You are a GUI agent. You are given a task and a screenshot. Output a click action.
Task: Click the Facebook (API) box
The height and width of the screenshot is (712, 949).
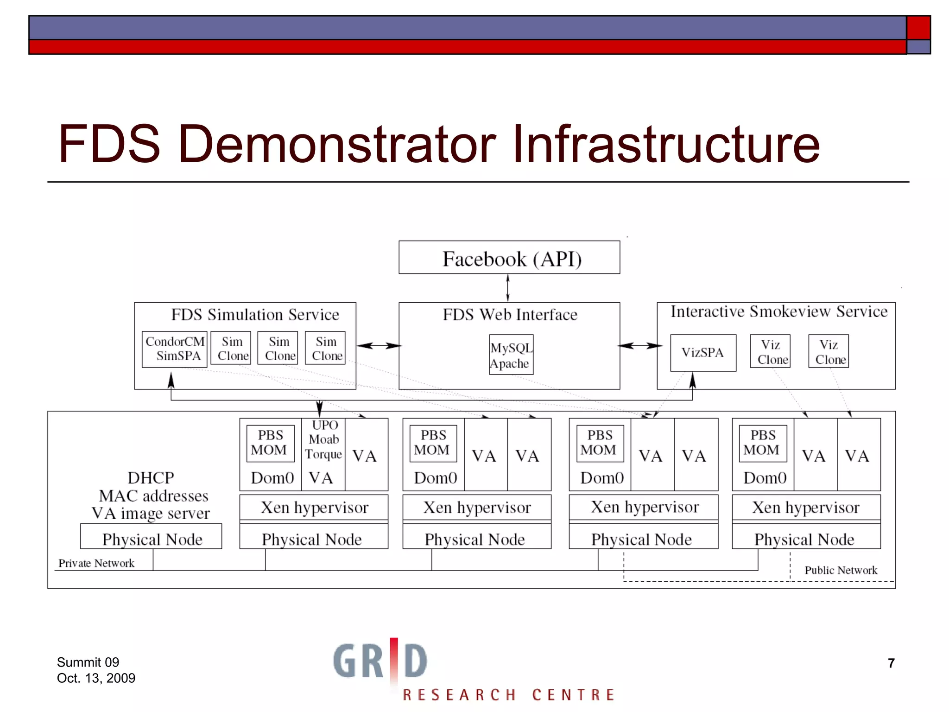[509, 258]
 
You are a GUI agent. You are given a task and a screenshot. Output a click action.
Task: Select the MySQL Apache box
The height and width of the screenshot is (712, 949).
[511, 355]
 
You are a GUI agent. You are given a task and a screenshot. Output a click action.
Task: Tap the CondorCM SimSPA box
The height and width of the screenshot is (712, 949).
[174, 349]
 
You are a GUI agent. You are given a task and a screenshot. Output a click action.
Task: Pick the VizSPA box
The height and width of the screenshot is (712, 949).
[702, 353]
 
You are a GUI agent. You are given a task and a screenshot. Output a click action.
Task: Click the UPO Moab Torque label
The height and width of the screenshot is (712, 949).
[323, 439]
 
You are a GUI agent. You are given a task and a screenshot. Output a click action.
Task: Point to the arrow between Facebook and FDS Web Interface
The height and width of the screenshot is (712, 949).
[508, 288]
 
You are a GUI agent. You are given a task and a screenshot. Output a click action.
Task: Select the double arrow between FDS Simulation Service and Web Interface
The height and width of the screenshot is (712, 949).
[378, 346]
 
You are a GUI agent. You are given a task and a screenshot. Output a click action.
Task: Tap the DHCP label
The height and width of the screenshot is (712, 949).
[151, 478]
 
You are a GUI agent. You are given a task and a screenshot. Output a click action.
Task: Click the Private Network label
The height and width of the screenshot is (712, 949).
[96, 563]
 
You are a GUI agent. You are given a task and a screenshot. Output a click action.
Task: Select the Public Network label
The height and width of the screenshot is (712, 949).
[841, 570]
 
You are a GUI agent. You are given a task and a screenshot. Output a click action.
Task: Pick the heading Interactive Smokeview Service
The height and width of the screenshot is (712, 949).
[779, 311]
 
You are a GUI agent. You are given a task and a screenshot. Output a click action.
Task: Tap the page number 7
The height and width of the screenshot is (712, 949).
[891, 663]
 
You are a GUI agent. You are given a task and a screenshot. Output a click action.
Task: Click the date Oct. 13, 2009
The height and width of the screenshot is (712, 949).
[96, 678]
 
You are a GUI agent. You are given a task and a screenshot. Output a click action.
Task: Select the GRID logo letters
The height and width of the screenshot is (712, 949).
[380, 660]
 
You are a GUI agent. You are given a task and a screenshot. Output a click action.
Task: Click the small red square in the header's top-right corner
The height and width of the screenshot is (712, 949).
[918, 27]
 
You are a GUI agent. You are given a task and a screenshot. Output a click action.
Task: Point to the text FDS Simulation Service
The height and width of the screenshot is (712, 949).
[255, 315]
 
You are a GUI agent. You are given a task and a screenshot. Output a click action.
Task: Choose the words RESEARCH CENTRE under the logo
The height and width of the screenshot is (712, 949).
[508, 695]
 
